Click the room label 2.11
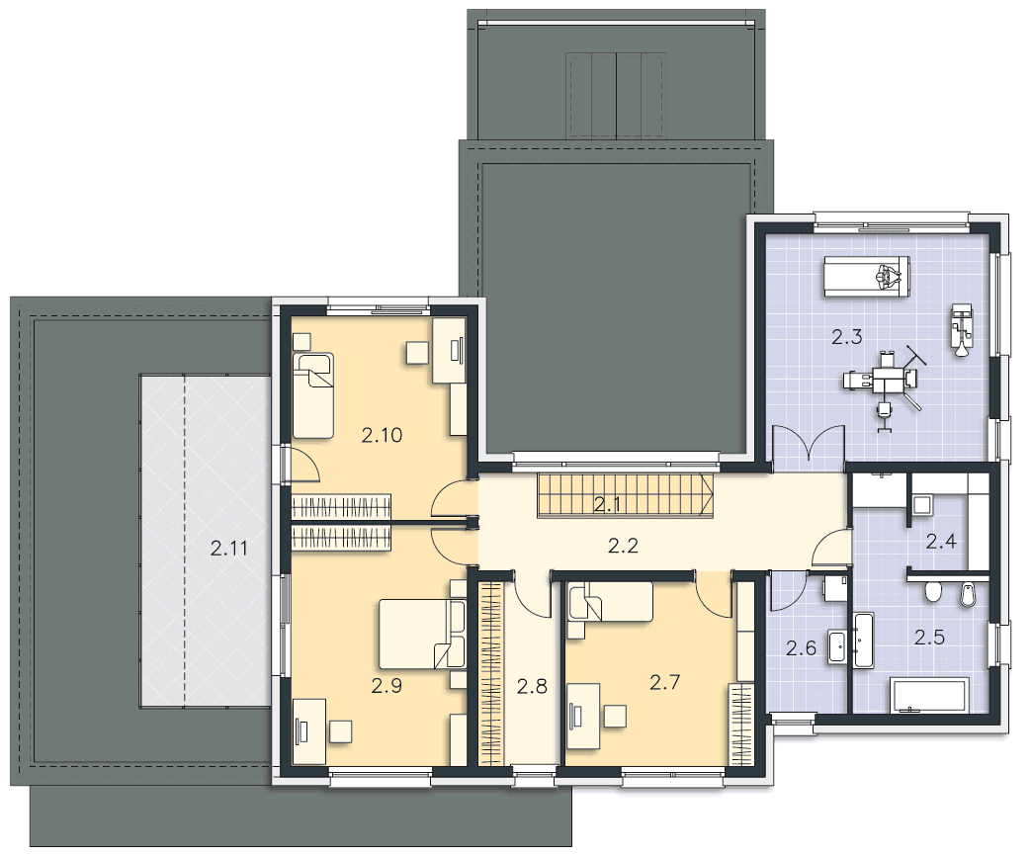coord(228,548)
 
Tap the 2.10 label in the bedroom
coord(382,435)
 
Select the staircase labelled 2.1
coord(626,495)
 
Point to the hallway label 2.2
coord(623,546)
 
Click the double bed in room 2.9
coord(422,634)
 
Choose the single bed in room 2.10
coord(313,395)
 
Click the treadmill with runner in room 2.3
coord(868,276)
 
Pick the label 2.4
coord(941,541)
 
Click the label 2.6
coord(801,648)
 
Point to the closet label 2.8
coord(531,686)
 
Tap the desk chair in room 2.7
coord(615,716)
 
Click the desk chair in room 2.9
coord(341,731)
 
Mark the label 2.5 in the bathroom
coord(930,637)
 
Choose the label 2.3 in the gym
coord(846,337)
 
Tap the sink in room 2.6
coord(837,646)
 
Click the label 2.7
coord(664,682)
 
